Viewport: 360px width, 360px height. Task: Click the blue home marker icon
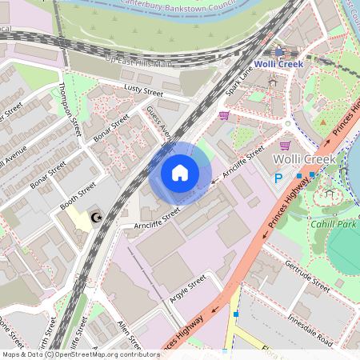tap(180, 173)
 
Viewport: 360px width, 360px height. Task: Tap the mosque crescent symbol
tap(98, 218)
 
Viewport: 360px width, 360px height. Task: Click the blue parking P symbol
tap(278, 179)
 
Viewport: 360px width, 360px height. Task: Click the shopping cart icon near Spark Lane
tap(224, 115)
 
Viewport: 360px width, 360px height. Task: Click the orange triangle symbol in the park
tap(323, 124)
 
